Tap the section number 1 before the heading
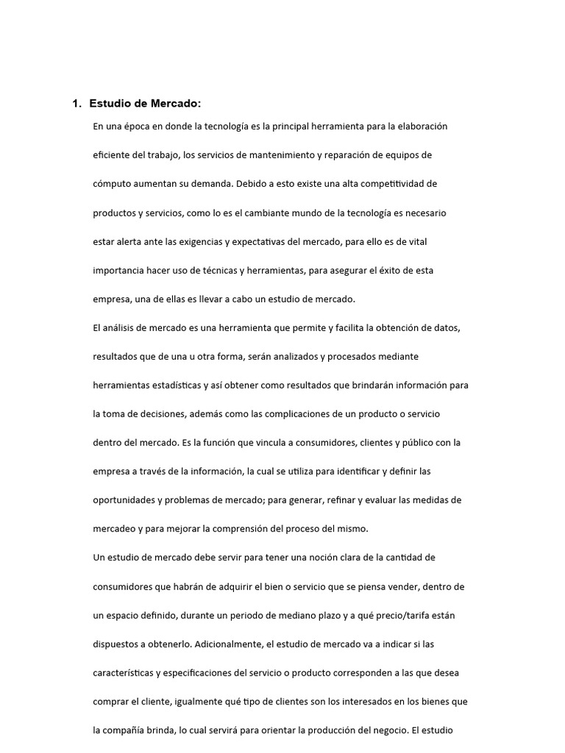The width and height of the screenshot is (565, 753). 76,104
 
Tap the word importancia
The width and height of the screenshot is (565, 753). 118,270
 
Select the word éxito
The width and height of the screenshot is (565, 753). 388,270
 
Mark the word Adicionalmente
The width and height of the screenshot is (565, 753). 229,643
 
